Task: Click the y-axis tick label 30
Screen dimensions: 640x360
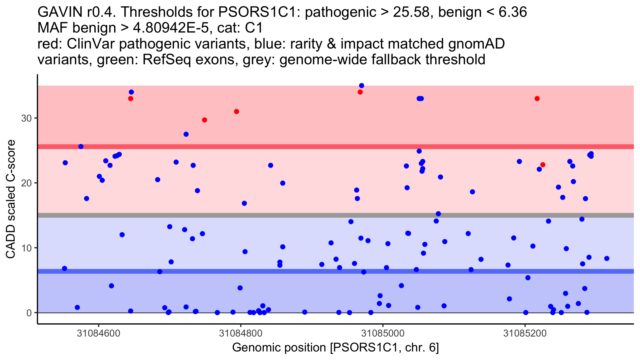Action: (26, 118)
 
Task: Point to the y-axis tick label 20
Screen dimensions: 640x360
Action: (26, 183)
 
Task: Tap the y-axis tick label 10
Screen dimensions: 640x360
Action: (26, 248)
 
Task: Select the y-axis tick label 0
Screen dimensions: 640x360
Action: (29, 313)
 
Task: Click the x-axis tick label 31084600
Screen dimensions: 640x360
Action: (98, 334)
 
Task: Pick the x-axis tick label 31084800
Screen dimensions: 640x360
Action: (241, 334)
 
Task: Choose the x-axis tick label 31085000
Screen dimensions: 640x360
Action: (383, 334)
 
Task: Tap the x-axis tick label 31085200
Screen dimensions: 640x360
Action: (525, 334)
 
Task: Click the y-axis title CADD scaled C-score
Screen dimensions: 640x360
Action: (11, 199)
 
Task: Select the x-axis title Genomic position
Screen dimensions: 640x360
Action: (279, 348)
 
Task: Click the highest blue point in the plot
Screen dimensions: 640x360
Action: (362, 86)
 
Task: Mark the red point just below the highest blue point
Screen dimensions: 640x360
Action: (360, 92)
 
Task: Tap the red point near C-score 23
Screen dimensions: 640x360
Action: (543, 165)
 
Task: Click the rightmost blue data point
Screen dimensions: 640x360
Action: (607, 258)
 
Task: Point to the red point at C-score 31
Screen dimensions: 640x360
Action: (237, 111)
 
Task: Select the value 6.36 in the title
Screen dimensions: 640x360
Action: (513, 12)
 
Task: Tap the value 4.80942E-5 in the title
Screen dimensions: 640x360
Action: (171, 28)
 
